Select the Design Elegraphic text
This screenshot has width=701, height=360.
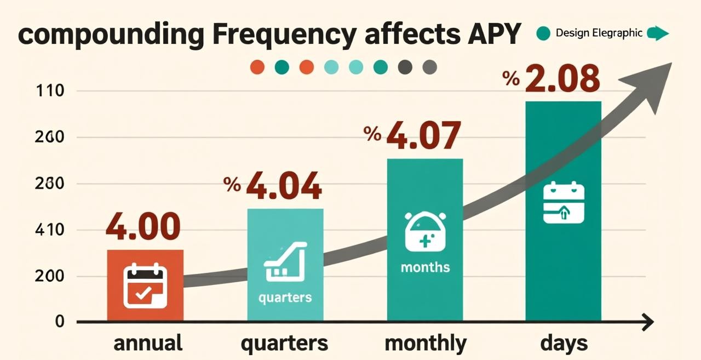(599, 33)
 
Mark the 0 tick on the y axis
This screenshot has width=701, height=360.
(60, 322)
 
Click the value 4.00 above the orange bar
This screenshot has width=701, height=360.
(143, 227)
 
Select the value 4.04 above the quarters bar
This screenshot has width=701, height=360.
(283, 186)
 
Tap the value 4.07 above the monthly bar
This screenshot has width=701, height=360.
(423, 136)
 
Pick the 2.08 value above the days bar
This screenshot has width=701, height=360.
(562, 79)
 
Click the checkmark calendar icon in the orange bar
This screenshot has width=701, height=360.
(145, 285)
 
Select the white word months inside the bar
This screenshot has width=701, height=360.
(425, 267)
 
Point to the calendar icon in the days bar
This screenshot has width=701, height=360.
(564, 203)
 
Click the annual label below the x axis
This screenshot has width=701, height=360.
(148, 344)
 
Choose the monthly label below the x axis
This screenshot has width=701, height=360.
(425, 344)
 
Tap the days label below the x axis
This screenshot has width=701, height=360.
(564, 344)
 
